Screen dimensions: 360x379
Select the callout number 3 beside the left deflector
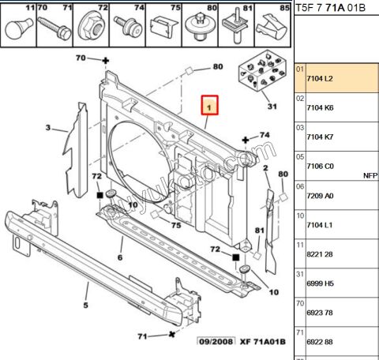click(x=49, y=128)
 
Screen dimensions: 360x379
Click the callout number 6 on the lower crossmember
click(x=120, y=257)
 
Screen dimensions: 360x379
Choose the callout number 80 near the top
click(x=217, y=66)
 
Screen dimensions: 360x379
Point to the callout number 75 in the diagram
click(x=177, y=225)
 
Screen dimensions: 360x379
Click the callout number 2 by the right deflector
click(x=266, y=169)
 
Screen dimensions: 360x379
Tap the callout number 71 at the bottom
click(x=141, y=336)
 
